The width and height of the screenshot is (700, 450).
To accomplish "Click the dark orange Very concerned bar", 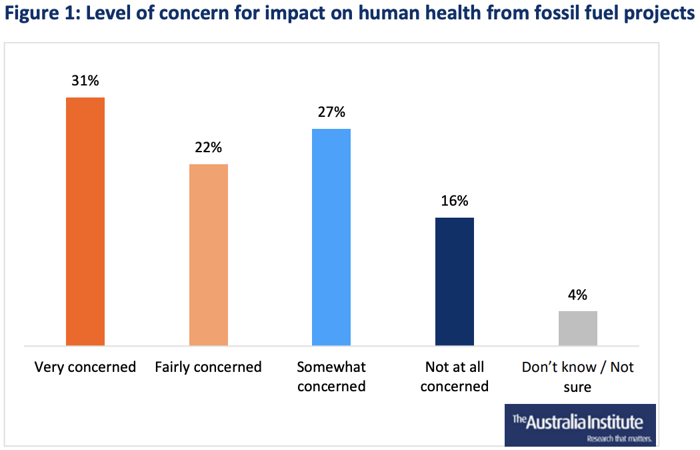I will tap(85, 221).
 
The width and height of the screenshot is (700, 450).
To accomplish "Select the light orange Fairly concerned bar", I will tap(209, 254).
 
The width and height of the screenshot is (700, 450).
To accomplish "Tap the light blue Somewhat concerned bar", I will tap(331, 236).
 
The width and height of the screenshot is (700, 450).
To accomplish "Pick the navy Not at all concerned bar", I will tap(455, 281).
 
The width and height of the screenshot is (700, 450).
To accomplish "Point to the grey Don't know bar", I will tap(577, 328).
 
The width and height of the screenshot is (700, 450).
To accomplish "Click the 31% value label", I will tap(85, 81).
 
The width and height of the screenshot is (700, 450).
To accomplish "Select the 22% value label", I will tap(208, 148).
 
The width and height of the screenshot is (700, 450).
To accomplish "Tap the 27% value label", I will tap(331, 112).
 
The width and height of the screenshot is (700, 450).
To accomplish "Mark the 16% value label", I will tap(455, 201).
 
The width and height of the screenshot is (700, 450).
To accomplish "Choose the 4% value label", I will tap(577, 294).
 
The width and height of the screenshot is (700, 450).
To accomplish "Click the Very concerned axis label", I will tap(85, 367).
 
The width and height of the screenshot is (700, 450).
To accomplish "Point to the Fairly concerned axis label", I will tap(208, 367).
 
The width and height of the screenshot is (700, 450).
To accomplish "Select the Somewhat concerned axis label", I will tap(331, 376).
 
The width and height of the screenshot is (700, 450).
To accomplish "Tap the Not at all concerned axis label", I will tap(455, 376).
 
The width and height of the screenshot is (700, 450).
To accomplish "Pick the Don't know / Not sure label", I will tap(577, 376).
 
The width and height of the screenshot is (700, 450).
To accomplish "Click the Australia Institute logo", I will tap(578, 422).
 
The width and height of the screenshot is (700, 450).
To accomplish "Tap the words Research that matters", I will tap(618, 439).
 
